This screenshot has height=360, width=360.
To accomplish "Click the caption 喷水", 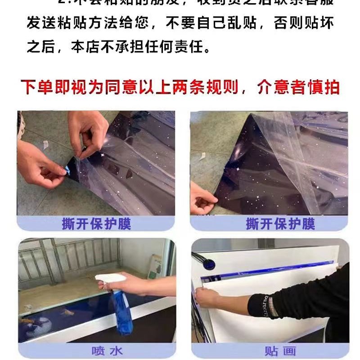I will click(x=97, y=351).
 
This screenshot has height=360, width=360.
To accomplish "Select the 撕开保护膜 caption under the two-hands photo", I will click(x=96, y=223).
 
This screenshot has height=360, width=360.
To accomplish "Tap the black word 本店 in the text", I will click(x=88, y=46).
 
